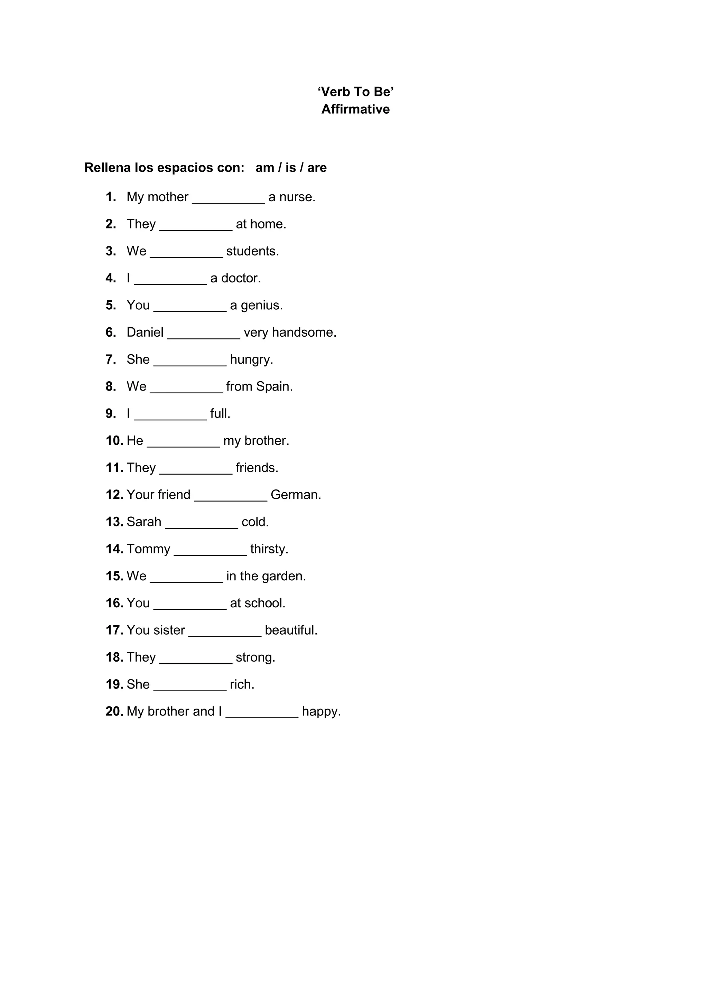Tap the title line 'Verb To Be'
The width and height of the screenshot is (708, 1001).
point(355,92)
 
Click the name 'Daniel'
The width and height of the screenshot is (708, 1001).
point(145,332)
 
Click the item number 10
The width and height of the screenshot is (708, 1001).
point(114,441)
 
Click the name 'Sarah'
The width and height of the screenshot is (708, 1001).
point(144,522)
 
